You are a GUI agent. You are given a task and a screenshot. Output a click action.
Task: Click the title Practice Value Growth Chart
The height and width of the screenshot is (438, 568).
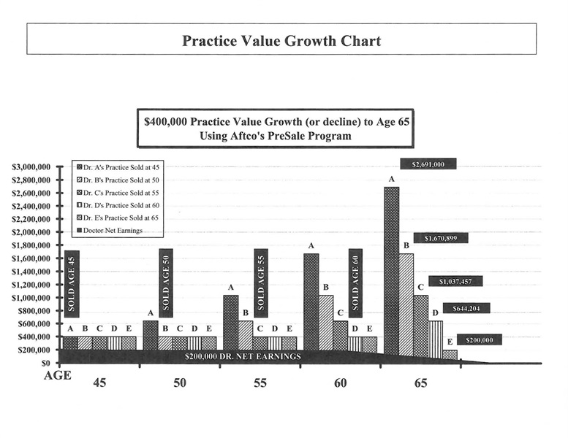pos(281,40)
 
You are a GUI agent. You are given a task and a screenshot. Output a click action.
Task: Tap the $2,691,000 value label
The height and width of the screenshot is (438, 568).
pos(428,164)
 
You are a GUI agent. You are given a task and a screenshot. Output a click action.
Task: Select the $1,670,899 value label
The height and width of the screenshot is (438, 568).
pos(441,238)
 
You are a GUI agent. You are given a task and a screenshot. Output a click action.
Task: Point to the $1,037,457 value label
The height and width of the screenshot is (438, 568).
pos(455,281)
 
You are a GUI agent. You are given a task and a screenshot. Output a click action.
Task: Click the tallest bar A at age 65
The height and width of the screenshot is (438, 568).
pos(392,270)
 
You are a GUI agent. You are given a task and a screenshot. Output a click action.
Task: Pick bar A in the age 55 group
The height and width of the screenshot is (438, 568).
pos(231,321)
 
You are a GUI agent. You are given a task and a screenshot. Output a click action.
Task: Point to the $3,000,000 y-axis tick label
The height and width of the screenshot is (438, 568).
pos(31,167)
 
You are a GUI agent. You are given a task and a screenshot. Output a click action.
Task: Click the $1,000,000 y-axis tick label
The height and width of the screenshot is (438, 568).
pos(31,298)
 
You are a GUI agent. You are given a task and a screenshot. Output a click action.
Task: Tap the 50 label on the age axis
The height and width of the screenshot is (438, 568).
pos(180,383)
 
